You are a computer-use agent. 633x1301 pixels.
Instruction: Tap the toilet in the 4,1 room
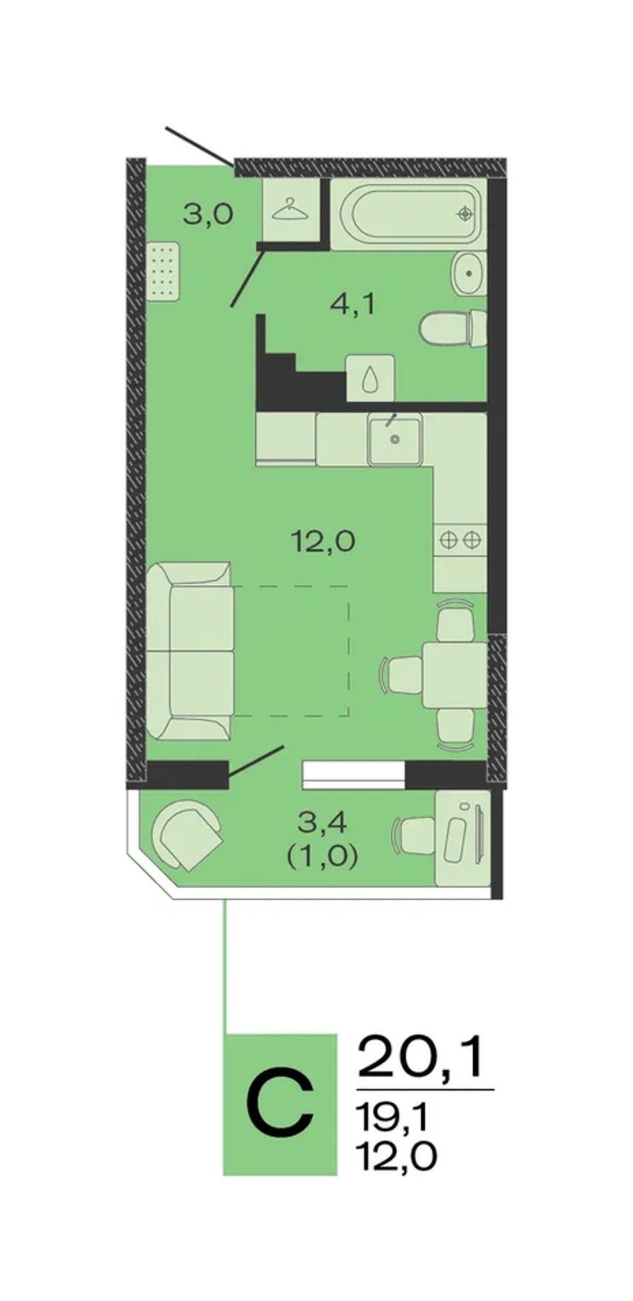[x=453, y=328]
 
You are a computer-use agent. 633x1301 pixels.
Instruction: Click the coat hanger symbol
[x=291, y=209]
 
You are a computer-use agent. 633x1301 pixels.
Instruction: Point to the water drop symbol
[x=370, y=378]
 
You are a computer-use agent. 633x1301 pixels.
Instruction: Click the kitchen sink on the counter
[x=394, y=438]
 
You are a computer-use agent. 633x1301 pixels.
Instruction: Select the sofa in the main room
[x=190, y=650]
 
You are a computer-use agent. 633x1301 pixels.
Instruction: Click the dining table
[x=455, y=674]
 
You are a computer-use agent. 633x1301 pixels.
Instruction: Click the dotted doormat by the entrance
[x=163, y=270]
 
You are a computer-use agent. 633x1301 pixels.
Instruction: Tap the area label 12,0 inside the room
[x=323, y=541]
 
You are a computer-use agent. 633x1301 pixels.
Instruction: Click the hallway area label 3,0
[x=208, y=215]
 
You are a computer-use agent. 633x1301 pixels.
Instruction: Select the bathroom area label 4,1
[x=353, y=305]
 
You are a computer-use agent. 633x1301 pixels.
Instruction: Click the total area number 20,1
[x=420, y=1057]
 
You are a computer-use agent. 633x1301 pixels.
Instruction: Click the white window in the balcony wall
[x=354, y=775]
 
